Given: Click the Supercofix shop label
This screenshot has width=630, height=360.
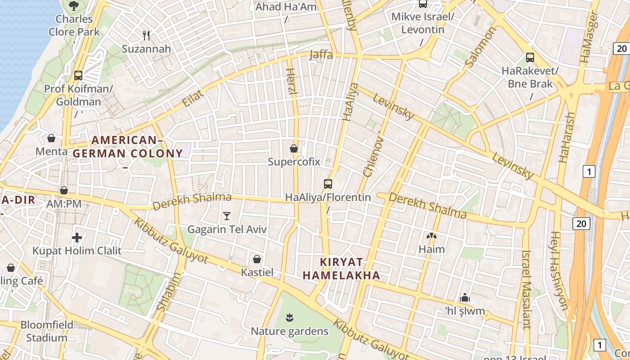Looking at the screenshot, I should click(294, 162).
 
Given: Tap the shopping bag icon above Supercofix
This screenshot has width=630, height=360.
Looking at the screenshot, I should click(294, 148).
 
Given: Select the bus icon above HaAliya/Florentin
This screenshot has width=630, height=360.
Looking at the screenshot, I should click(328, 184).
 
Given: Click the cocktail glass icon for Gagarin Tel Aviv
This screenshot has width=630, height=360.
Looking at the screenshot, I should click(227, 216).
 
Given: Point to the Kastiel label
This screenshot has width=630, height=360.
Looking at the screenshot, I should click(257, 272).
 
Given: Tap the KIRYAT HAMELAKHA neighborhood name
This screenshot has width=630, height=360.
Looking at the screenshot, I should click(341, 269).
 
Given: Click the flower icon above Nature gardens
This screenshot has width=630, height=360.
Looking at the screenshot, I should click(289, 318).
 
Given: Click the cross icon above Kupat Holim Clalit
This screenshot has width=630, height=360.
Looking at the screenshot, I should click(77, 237).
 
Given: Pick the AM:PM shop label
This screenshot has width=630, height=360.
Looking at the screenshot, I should click(64, 204).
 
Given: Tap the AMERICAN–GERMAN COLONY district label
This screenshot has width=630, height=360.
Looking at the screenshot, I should click(127, 147).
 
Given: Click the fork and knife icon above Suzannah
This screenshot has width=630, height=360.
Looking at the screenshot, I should click(146, 35).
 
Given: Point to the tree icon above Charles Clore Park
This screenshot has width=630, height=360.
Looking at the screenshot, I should click(74, 6).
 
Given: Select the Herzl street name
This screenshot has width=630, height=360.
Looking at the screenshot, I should click(291, 81).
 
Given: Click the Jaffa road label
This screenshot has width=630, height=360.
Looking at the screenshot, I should click(321, 54).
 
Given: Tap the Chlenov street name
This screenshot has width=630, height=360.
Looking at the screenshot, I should click(373, 157).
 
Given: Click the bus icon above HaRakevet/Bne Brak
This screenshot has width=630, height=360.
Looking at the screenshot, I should click(530, 58).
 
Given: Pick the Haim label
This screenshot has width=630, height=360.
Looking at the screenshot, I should click(432, 249).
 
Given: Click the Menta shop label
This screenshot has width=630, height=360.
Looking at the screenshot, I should click(51, 151).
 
